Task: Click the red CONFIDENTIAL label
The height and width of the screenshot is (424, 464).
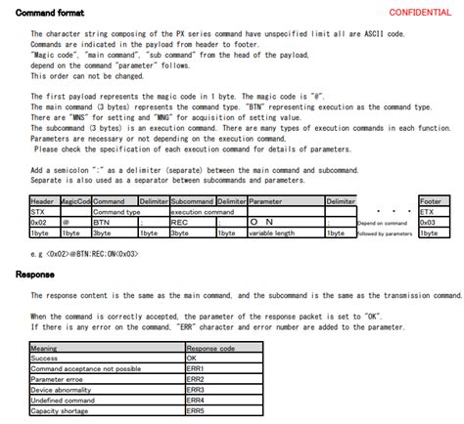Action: (420, 11)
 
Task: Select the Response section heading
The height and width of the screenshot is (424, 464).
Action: (35, 275)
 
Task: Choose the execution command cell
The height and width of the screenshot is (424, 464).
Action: (200, 211)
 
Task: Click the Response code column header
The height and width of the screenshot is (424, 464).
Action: (211, 347)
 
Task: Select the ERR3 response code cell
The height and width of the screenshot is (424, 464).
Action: (195, 388)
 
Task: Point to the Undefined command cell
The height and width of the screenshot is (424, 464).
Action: (63, 399)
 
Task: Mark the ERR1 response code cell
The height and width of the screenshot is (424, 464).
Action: (195, 367)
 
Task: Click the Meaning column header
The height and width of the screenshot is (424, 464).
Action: (44, 347)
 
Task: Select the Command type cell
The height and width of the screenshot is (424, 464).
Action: (116, 211)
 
